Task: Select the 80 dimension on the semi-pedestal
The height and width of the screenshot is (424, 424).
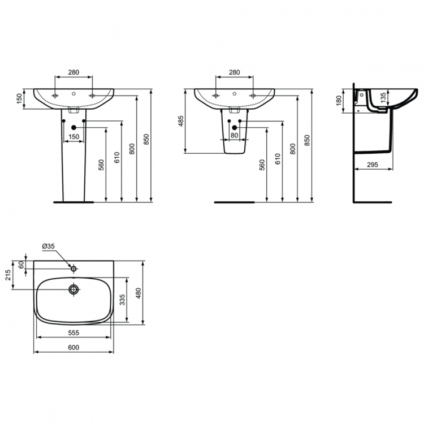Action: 234,136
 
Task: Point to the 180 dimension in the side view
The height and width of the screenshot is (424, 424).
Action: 339,100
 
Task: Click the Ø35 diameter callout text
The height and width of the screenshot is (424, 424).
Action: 48,246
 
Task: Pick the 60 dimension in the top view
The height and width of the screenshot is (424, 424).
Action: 21,265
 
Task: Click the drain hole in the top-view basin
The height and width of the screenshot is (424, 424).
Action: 73,290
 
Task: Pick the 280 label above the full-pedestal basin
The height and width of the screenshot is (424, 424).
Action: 73,72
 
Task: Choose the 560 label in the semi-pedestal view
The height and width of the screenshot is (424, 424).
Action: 262,165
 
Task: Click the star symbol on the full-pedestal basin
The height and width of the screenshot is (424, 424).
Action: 73,93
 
